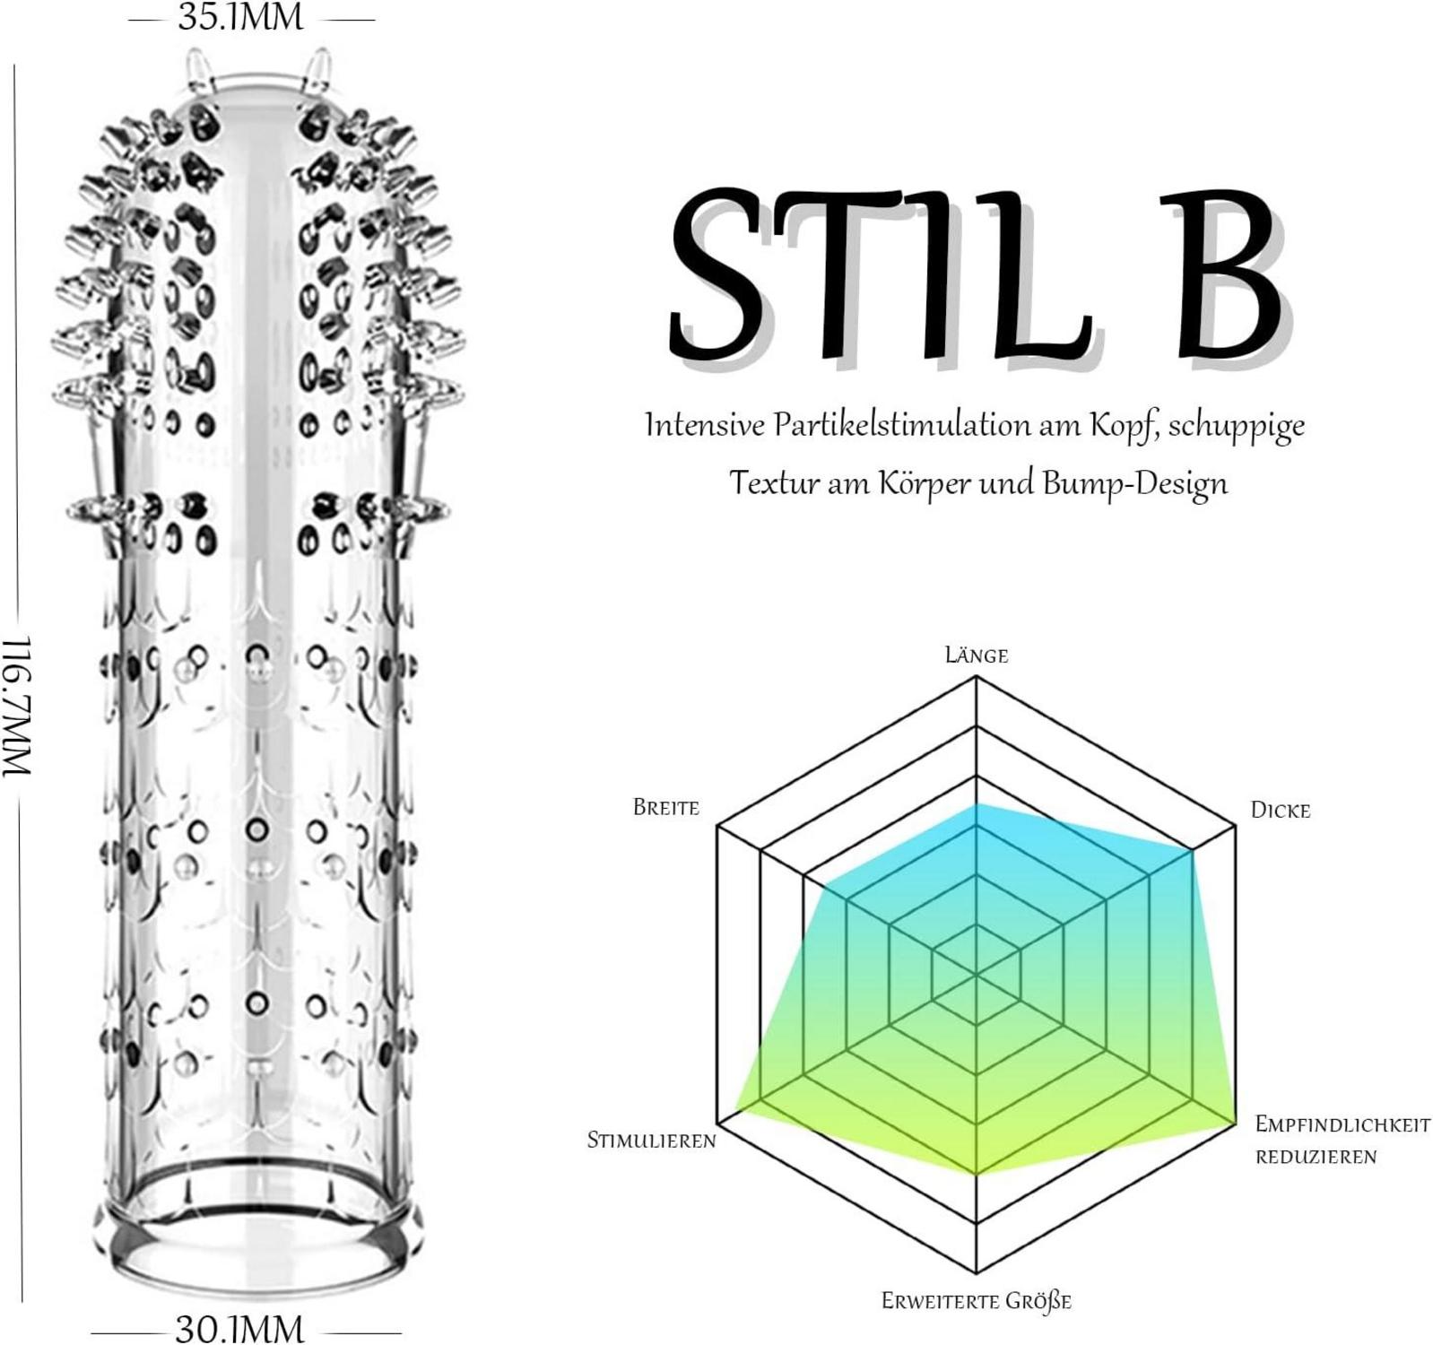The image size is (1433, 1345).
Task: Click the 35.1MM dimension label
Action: click(x=240, y=17)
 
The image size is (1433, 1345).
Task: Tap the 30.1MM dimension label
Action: click(x=239, y=1328)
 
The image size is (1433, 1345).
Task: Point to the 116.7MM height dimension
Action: click(x=18, y=707)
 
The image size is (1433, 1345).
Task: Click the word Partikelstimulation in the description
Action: click(x=903, y=424)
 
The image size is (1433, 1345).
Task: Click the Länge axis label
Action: click(x=976, y=655)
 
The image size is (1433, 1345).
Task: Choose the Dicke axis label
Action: click(x=1280, y=811)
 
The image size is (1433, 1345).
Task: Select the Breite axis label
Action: click(x=665, y=807)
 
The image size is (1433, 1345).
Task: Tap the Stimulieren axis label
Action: click(x=651, y=1140)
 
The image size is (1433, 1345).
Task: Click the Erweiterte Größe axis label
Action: click(x=976, y=1300)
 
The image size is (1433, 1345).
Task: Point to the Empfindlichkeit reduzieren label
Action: click(x=1342, y=1140)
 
